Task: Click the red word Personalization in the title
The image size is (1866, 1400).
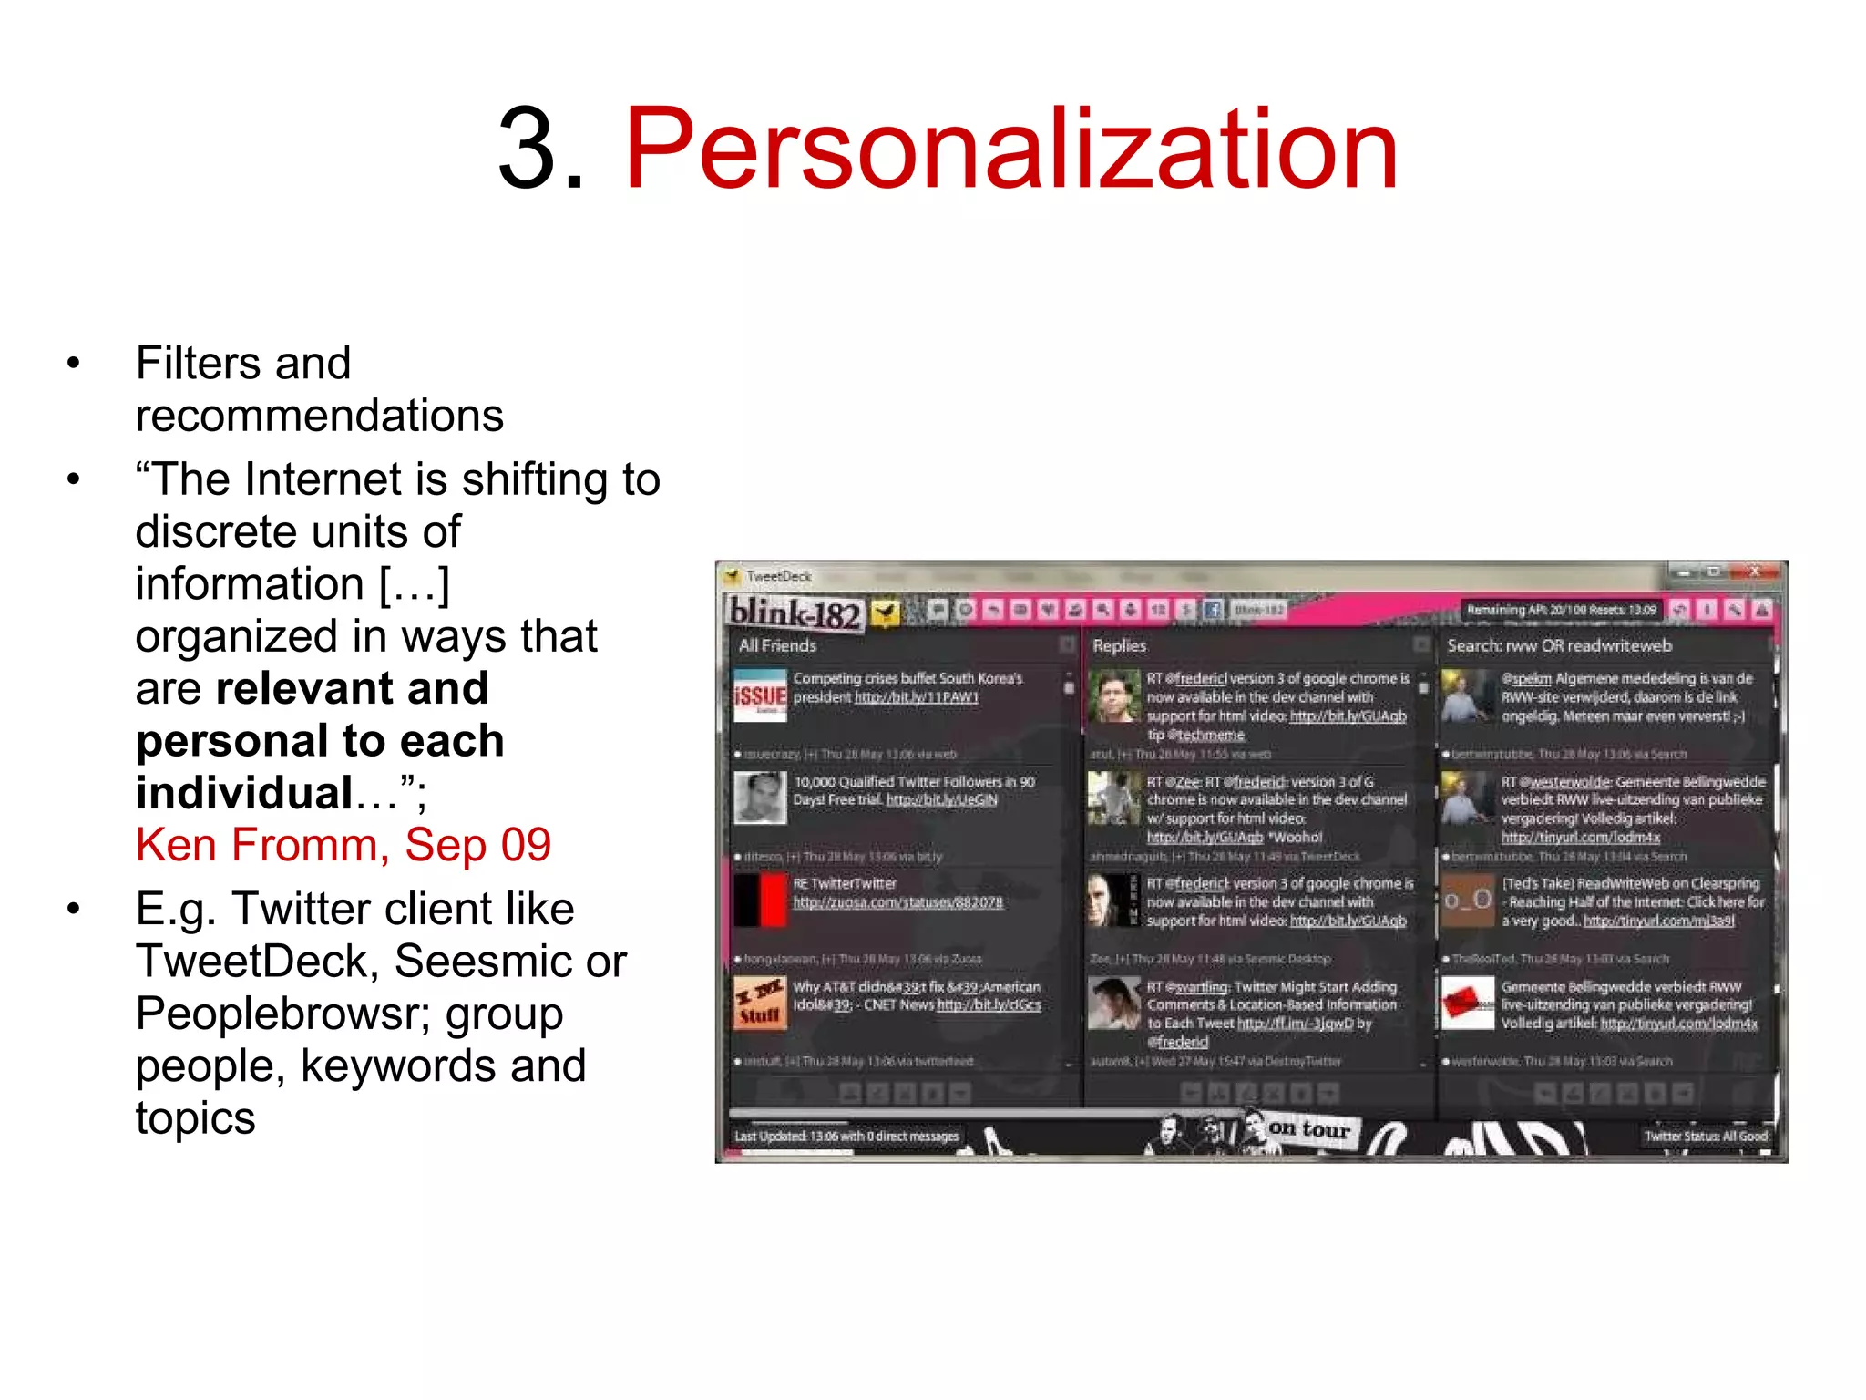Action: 1010,149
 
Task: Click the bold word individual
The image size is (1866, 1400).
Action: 244,793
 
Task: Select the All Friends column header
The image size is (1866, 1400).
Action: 777,646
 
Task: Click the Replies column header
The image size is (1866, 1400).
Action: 1119,646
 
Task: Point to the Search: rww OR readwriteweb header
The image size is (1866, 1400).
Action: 1559,646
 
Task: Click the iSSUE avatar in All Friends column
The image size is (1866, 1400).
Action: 759,695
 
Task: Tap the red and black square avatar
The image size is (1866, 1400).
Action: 760,901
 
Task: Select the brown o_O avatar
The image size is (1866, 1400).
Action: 1467,901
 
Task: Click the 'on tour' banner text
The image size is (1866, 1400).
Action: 1308,1128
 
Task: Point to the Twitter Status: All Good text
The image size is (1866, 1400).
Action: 1705,1137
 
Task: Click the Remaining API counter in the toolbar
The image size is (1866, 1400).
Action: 1561,610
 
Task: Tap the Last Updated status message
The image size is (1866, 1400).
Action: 846,1137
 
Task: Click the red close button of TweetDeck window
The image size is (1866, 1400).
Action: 1753,572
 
